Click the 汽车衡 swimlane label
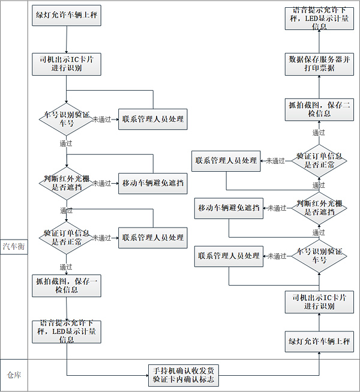(x=14, y=246)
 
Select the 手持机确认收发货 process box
(x=184, y=375)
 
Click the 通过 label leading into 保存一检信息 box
(x=66, y=267)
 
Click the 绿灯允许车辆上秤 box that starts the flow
(x=67, y=16)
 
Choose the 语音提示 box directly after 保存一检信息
(x=67, y=331)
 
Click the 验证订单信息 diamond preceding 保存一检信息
(x=67, y=237)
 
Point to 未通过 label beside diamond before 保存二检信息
(x=275, y=161)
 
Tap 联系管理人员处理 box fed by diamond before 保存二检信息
(x=226, y=160)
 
